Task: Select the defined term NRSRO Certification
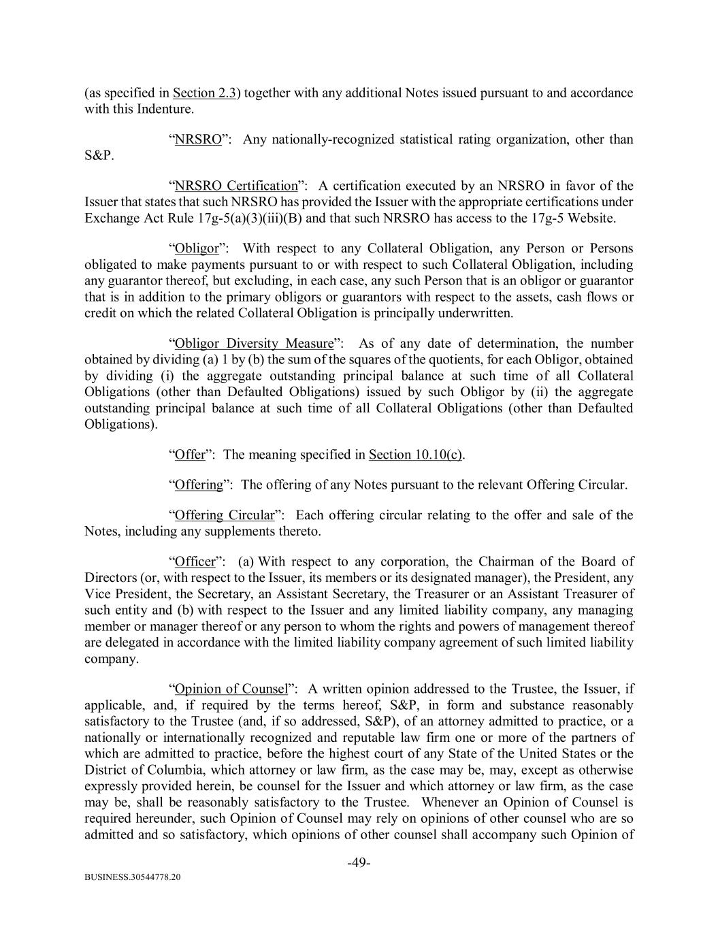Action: (236, 186)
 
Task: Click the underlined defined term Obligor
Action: (192, 248)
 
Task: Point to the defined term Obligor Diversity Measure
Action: (254, 344)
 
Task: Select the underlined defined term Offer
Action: (190, 455)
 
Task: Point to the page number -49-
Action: (359, 863)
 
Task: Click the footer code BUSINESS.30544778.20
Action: (133, 878)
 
